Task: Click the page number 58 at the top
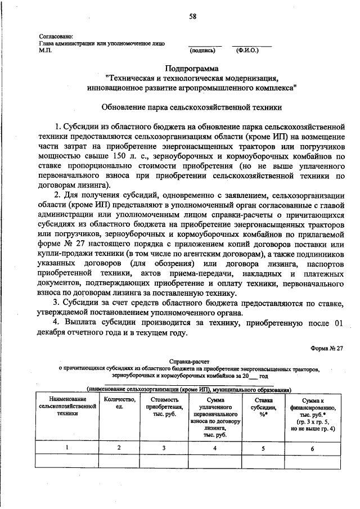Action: [192, 16]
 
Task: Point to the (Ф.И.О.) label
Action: [247, 50]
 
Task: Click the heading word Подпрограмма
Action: [192, 68]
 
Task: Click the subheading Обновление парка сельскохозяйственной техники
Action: [191, 106]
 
